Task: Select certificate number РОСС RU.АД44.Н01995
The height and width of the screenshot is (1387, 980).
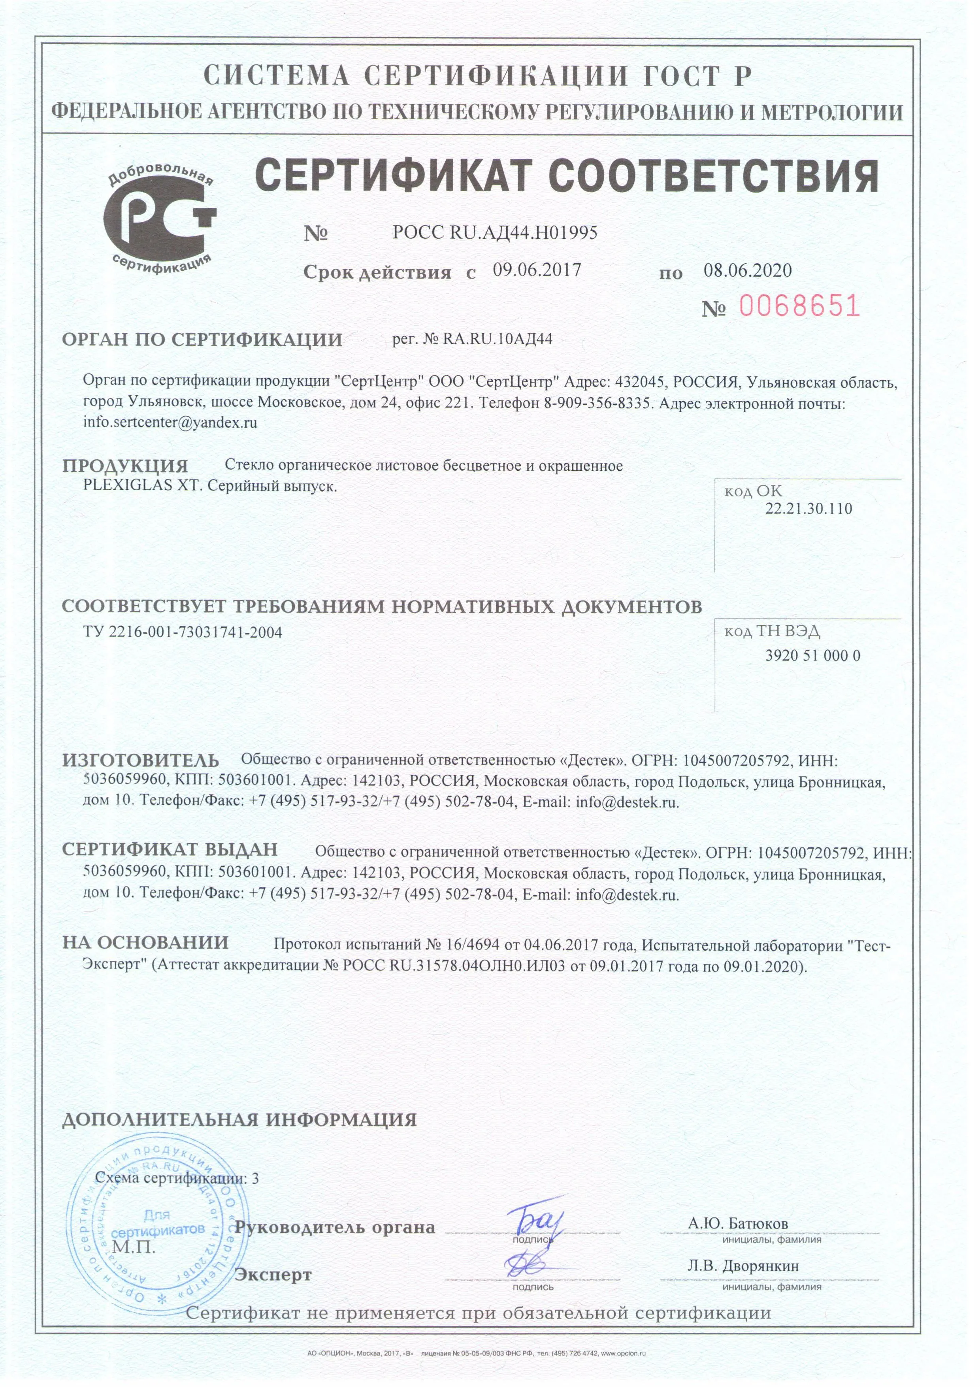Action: pyautogui.click(x=495, y=233)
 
